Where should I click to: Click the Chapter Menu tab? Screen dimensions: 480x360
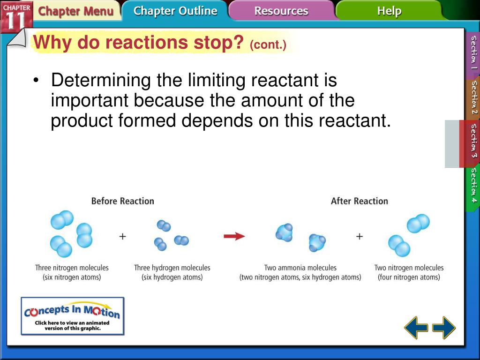[x=75, y=11]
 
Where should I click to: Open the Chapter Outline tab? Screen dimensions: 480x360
[x=175, y=11]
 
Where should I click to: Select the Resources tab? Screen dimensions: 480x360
[x=281, y=11]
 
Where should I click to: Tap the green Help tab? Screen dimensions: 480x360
[x=389, y=11]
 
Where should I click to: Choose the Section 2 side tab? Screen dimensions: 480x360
[x=473, y=97]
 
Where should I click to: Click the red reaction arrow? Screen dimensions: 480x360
[x=234, y=236]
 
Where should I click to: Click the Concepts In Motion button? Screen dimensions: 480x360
[x=73, y=316]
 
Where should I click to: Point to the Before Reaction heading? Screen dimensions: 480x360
[x=123, y=201]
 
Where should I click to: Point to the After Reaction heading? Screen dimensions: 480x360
[x=360, y=201]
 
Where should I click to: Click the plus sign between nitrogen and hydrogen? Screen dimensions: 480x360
[x=122, y=236]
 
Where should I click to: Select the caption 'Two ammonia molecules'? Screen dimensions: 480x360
[x=300, y=268]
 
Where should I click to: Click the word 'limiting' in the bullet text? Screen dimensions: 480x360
[x=217, y=80]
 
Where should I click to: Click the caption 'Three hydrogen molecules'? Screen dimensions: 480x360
[x=172, y=268]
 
